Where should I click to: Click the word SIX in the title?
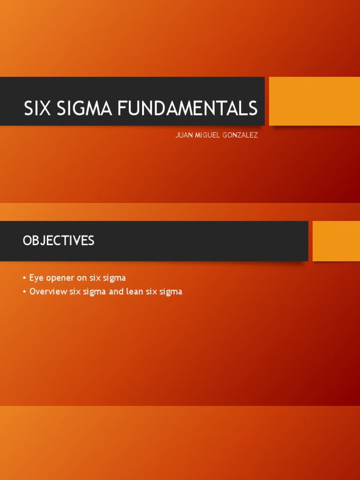[38, 109]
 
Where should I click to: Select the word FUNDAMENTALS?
[187, 109]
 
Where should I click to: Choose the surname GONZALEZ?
[242, 135]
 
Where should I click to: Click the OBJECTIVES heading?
[59, 241]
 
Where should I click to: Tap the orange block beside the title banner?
[314, 101]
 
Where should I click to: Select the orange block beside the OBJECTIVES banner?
[336, 241]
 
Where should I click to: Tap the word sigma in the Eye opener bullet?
[114, 278]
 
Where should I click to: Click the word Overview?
[48, 292]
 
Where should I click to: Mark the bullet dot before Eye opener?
[24, 278]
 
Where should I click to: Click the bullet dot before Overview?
[24, 292]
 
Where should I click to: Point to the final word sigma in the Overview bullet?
[171, 292]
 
